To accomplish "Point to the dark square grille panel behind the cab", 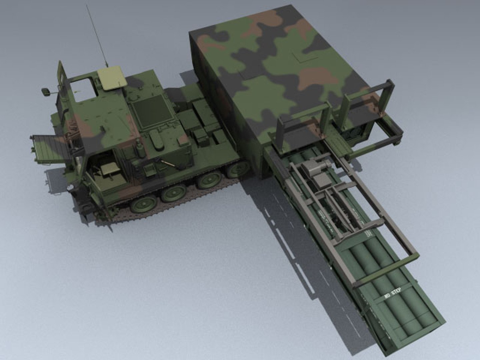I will coord(152,110).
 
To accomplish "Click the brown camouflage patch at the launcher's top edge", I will coord(267,20).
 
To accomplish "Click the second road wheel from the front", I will coord(174,193).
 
